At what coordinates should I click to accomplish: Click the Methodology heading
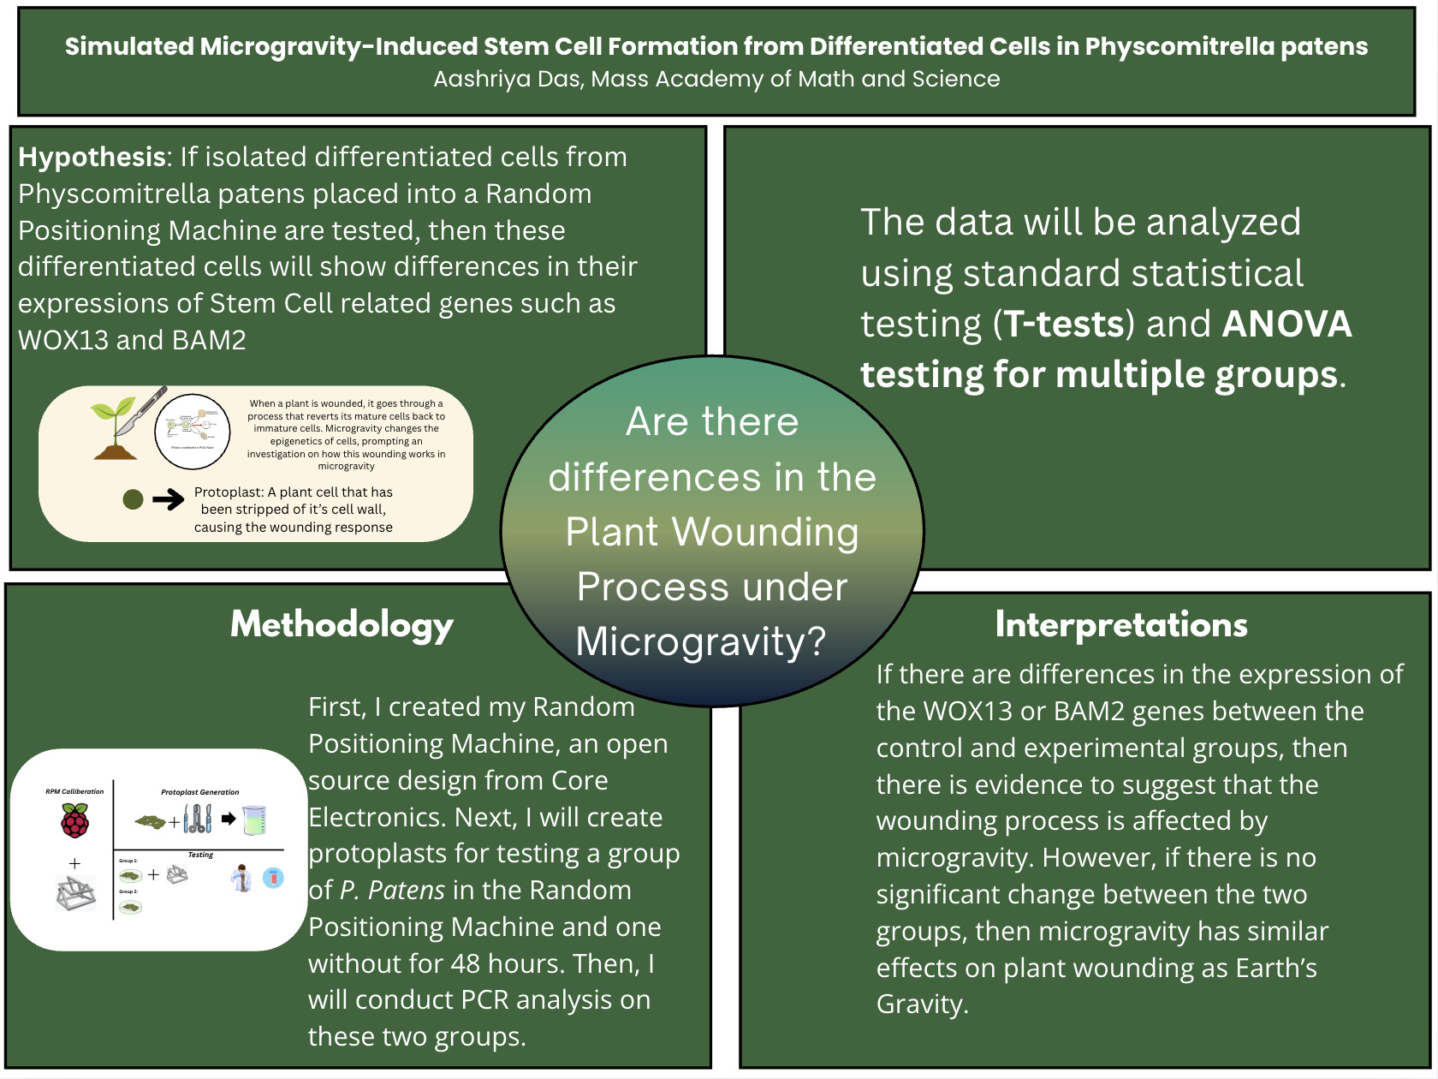coord(342,626)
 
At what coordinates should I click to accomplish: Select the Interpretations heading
coord(1120,625)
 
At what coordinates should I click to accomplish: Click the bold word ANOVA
coord(1286,325)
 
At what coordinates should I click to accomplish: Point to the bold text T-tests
coord(1063,325)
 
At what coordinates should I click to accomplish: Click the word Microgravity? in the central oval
coord(701,641)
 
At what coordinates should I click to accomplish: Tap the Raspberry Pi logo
coord(74,821)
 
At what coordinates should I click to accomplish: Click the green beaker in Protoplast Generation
coord(254,820)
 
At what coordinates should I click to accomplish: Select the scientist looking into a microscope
coord(242,878)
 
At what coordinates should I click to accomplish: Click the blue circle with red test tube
coord(273,878)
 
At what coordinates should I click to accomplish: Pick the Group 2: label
coord(128,891)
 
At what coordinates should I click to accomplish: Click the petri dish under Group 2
coord(131,907)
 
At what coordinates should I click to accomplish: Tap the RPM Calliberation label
coord(74,791)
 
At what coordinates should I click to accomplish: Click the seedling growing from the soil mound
coord(116,428)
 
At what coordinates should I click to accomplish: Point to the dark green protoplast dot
coord(133,499)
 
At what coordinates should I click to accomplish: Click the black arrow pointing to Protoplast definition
coord(169,499)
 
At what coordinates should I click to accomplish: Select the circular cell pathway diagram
coord(193,432)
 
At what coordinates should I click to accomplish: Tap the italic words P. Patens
coord(392,891)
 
